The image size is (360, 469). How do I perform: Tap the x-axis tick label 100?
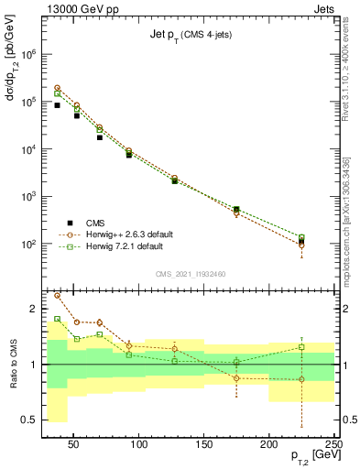139,444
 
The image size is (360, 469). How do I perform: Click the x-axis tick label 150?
204,444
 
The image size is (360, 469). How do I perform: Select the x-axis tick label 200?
269,444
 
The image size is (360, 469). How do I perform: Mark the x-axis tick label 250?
333,444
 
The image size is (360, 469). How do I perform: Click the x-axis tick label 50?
74,444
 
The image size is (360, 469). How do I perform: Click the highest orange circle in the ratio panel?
57,295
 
